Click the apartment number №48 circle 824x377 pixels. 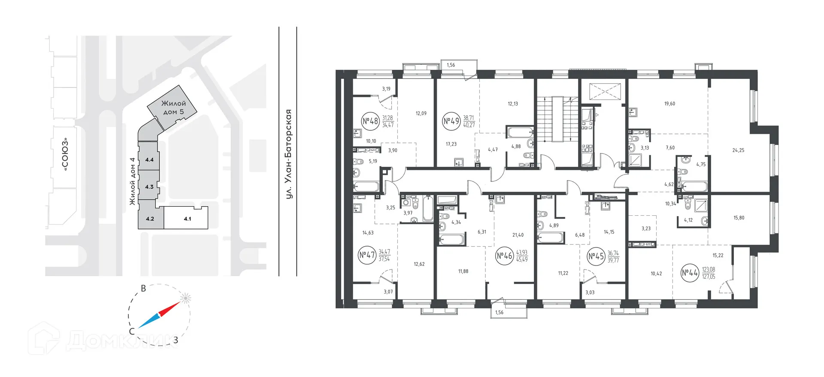(x=370, y=121)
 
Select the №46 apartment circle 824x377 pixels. (x=505, y=256)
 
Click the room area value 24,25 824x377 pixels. (x=738, y=151)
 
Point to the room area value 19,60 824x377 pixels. (x=669, y=104)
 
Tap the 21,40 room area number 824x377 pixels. (x=518, y=235)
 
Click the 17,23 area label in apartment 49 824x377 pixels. (x=451, y=145)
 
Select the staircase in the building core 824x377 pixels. (x=557, y=119)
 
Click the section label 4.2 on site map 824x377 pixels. (x=150, y=219)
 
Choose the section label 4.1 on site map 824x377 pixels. (x=188, y=219)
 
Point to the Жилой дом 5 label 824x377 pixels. (x=173, y=108)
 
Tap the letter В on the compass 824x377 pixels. (x=144, y=288)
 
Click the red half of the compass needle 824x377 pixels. (x=170, y=309)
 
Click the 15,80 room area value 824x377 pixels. (x=739, y=218)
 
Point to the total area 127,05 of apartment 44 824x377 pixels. (x=709, y=277)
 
